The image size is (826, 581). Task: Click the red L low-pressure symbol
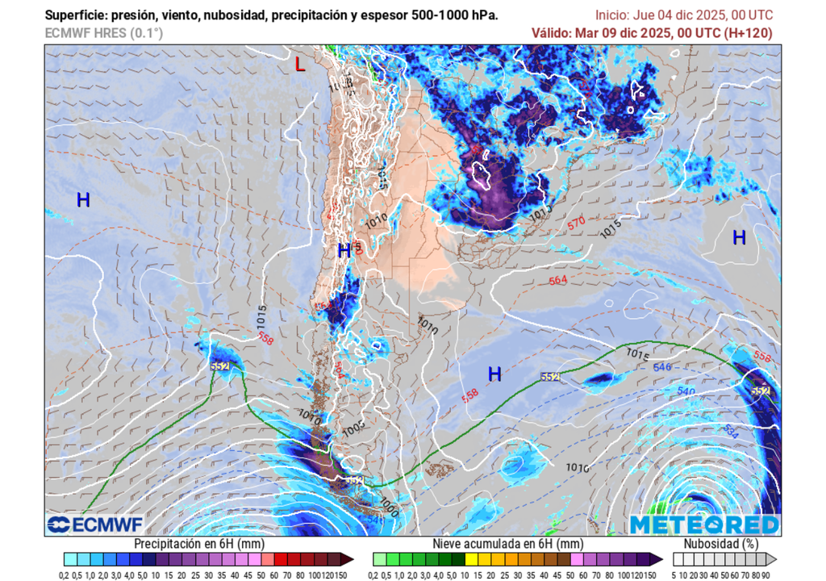(300, 65)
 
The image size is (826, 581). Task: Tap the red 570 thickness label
(576, 224)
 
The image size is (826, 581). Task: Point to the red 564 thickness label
(557, 281)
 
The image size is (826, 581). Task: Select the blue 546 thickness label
(662, 367)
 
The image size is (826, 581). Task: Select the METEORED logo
(704, 525)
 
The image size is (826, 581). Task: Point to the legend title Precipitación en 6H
(198, 544)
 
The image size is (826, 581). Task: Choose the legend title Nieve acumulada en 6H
(507, 544)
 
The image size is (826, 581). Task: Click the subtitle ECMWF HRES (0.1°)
(103, 33)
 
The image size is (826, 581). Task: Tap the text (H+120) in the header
(749, 33)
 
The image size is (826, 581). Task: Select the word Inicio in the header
(614, 15)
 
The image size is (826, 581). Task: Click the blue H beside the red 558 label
(494, 374)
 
